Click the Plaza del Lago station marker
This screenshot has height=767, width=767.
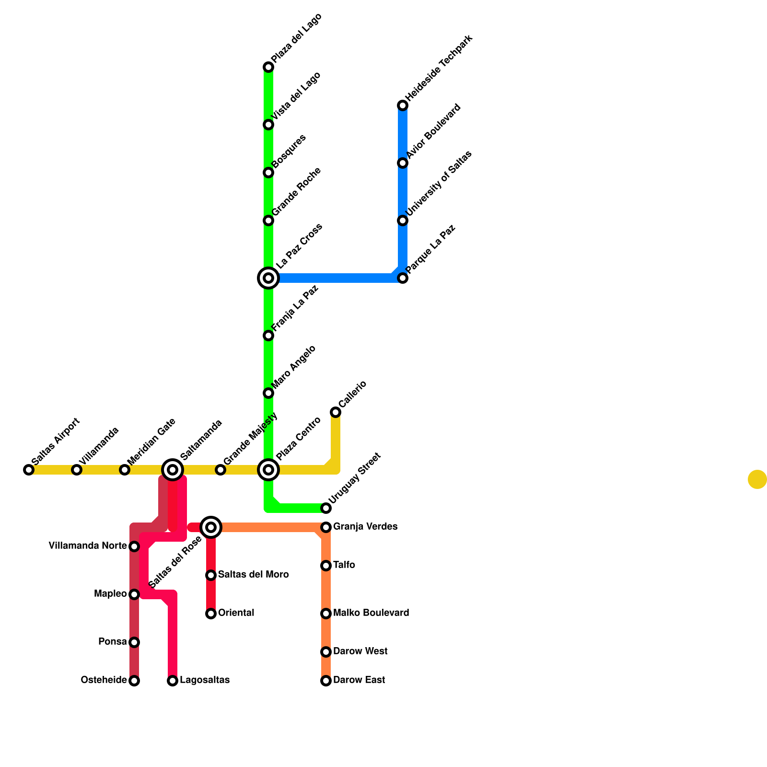[x=268, y=67]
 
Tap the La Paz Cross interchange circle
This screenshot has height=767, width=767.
[x=268, y=278]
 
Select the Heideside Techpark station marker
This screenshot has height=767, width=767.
[x=403, y=105]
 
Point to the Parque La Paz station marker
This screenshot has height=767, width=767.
[x=403, y=278]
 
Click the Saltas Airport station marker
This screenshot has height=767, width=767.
[x=29, y=470]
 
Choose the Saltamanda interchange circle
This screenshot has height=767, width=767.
[x=173, y=470]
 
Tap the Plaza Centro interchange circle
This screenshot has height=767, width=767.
[x=268, y=470]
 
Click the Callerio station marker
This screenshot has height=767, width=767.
[x=336, y=412]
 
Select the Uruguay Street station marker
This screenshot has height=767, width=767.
[x=326, y=508]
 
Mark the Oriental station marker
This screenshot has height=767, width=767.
[x=211, y=614]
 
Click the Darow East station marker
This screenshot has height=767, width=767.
[x=326, y=681]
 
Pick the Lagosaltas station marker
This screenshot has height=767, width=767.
[x=173, y=681]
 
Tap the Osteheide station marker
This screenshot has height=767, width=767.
[x=134, y=681]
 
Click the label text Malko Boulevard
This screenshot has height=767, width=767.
[x=371, y=613]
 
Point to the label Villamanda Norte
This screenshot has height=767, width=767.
[x=88, y=546]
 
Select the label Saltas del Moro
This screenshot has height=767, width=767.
[x=253, y=575]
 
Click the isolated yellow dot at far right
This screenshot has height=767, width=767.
[x=757, y=479]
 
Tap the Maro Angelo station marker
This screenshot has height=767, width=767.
[x=268, y=393]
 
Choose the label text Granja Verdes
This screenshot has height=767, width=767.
[x=365, y=527]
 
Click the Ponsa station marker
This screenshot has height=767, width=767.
[x=134, y=642]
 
